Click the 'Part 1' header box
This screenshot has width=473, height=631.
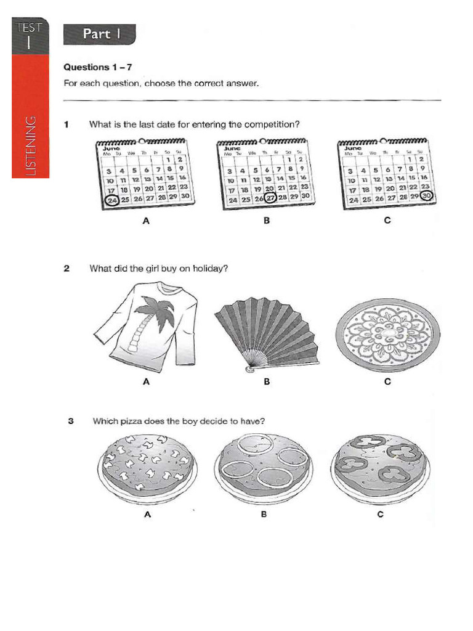point(100,35)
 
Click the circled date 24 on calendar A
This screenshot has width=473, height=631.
point(113,200)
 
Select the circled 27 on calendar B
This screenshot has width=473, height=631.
point(270,199)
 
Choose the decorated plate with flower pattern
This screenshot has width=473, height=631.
point(387,333)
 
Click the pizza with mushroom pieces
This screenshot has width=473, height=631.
point(147,465)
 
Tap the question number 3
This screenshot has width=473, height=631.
point(71,421)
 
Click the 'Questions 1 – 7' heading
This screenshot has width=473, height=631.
point(99,68)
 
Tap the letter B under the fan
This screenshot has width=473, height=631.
point(267,381)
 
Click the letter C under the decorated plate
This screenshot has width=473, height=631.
point(387,381)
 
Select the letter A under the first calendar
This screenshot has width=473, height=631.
point(146,220)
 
